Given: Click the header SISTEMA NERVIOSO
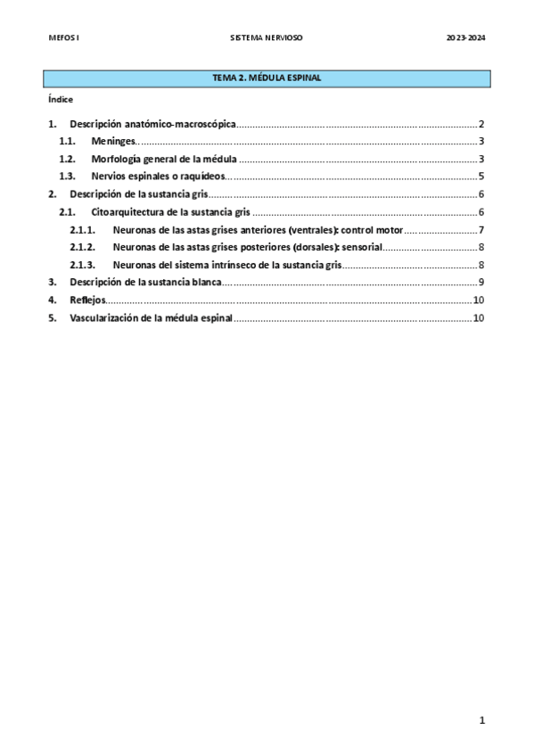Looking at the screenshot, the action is pyautogui.click(x=267, y=38).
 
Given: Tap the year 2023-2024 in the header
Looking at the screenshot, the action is pyautogui.click(x=465, y=38).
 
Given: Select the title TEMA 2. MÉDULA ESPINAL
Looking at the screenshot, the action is pyautogui.click(x=267, y=78).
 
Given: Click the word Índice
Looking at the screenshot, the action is pyautogui.click(x=61, y=99).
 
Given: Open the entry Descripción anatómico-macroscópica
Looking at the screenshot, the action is pyautogui.click(x=152, y=124).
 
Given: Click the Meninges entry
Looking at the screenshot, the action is pyautogui.click(x=113, y=142).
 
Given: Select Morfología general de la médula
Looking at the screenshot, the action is pyautogui.click(x=164, y=159).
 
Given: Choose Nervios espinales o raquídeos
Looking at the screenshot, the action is pyautogui.click(x=157, y=177).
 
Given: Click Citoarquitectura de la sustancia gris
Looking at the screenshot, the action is pyautogui.click(x=169, y=212).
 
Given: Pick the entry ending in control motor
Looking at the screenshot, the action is pyautogui.click(x=258, y=230).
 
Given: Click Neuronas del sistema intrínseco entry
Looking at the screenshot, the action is pyautogui.click(x=227, y=265).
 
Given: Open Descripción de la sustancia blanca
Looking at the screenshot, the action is pyautogui.click(x=144, y=283).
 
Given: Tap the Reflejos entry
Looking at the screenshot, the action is pyautogui.click(x=87, y=300).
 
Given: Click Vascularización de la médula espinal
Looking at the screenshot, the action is pyautogui.click(x=151, y=317).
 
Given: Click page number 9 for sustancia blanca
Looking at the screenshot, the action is pyautogui.click(x=481, y=283).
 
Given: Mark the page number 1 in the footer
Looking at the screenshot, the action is pyautogui.click(x=481, y=720).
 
